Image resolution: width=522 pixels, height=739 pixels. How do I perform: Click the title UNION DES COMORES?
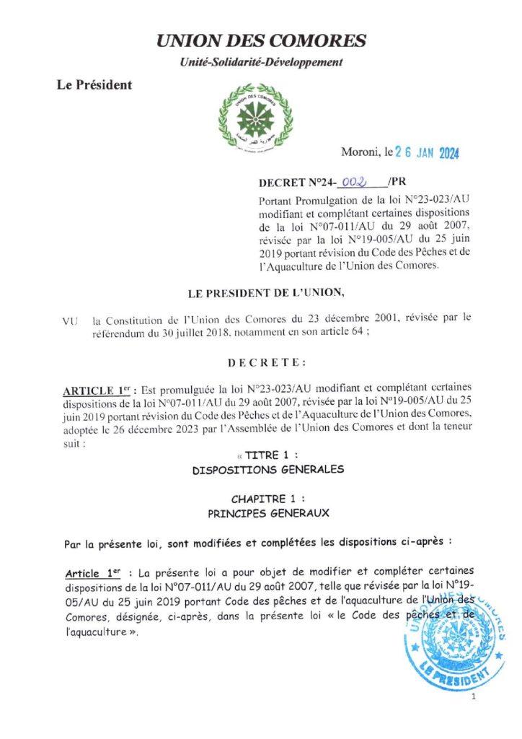pos(261,41)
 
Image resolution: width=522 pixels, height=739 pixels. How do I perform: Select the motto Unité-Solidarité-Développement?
pos(261,63)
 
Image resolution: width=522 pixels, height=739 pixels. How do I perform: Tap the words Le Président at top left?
pos(94,85)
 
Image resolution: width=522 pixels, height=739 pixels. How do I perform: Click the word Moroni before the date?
pos(361,153)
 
